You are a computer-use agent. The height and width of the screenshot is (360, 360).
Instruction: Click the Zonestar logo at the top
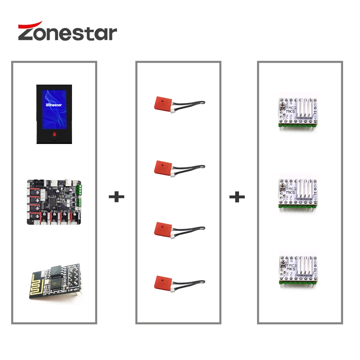[x=67, y=32]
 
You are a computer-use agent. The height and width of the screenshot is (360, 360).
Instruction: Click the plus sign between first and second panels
[x=116, y=197]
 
